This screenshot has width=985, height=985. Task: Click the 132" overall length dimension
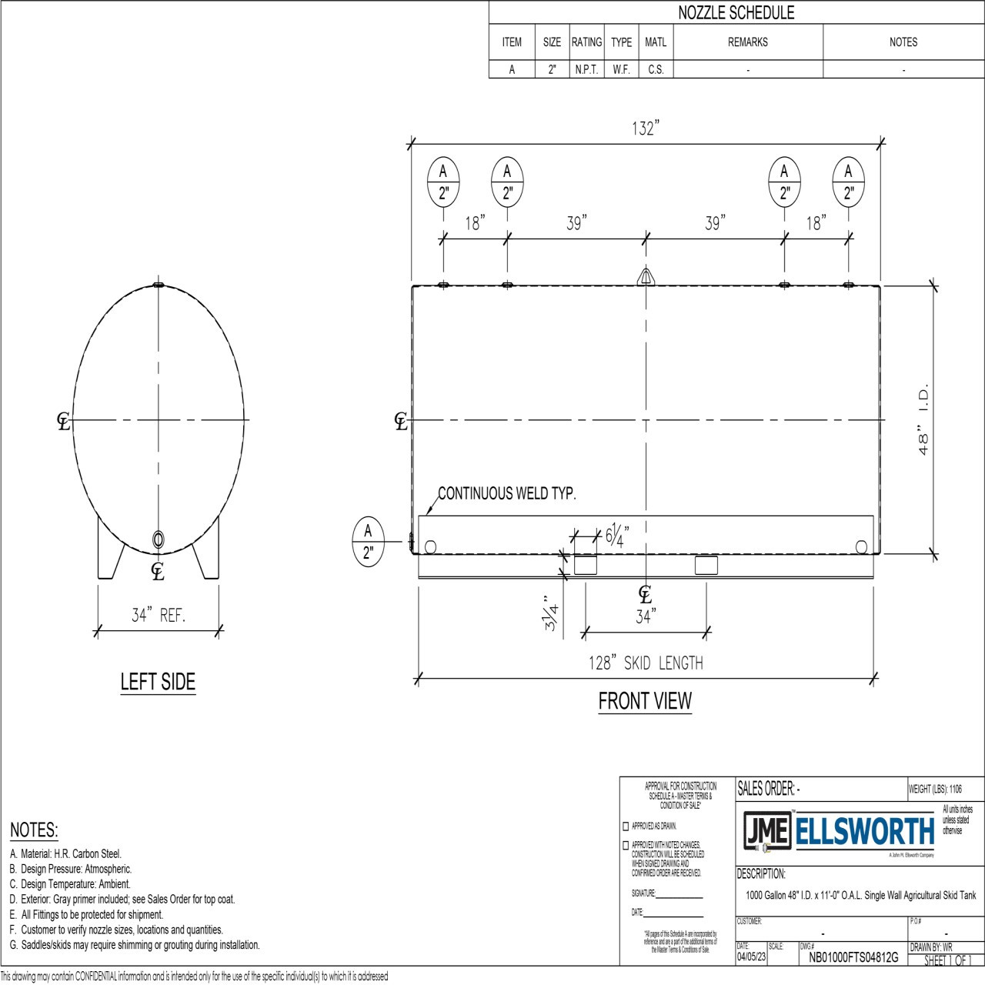pos(645,129)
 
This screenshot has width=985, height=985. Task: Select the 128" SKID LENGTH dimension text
pos(645,663)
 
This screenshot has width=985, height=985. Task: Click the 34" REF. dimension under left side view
pos(158,616)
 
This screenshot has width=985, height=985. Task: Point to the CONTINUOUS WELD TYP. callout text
pos(506,494)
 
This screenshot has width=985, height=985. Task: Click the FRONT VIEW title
pos(645,701)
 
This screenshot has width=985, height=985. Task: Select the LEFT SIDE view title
pos(158,682)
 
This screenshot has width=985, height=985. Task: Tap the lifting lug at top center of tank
pos(646,276)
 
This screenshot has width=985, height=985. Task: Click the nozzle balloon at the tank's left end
pos(368,542)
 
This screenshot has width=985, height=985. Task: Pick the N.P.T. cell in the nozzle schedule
pos(586,69)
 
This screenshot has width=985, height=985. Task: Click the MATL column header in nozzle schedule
pos(656,42)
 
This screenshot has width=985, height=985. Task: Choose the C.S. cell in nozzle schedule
pos(656,69)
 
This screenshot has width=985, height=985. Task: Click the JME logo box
pos(766,831)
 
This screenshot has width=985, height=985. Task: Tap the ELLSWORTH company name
pos(864,832)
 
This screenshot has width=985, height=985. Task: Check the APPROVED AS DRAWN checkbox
pos(626,826)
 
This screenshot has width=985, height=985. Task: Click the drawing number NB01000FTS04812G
pos(853,958)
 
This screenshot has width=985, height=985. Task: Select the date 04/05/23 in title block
pos(751,958)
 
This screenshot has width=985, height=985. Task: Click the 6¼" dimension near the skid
pos(617,534)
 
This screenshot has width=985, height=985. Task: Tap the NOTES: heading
pos(34,830)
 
